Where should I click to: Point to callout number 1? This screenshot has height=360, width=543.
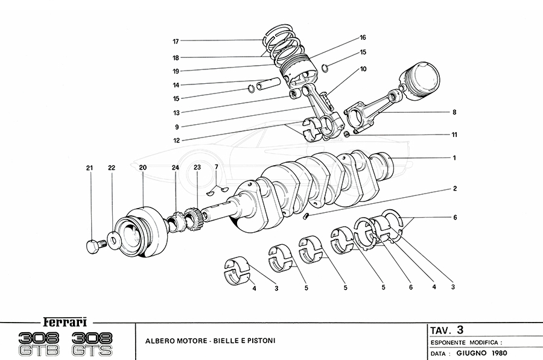click(454, 158)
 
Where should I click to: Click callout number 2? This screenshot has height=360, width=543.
click(454, 189)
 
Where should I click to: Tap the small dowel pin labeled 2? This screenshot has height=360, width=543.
click(307, 215)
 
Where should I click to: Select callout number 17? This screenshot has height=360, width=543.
click(176, 42)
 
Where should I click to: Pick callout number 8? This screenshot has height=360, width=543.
click(454, 112)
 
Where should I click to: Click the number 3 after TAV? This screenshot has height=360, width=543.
click(460, 330)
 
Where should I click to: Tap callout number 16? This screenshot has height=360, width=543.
click(363, 37)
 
